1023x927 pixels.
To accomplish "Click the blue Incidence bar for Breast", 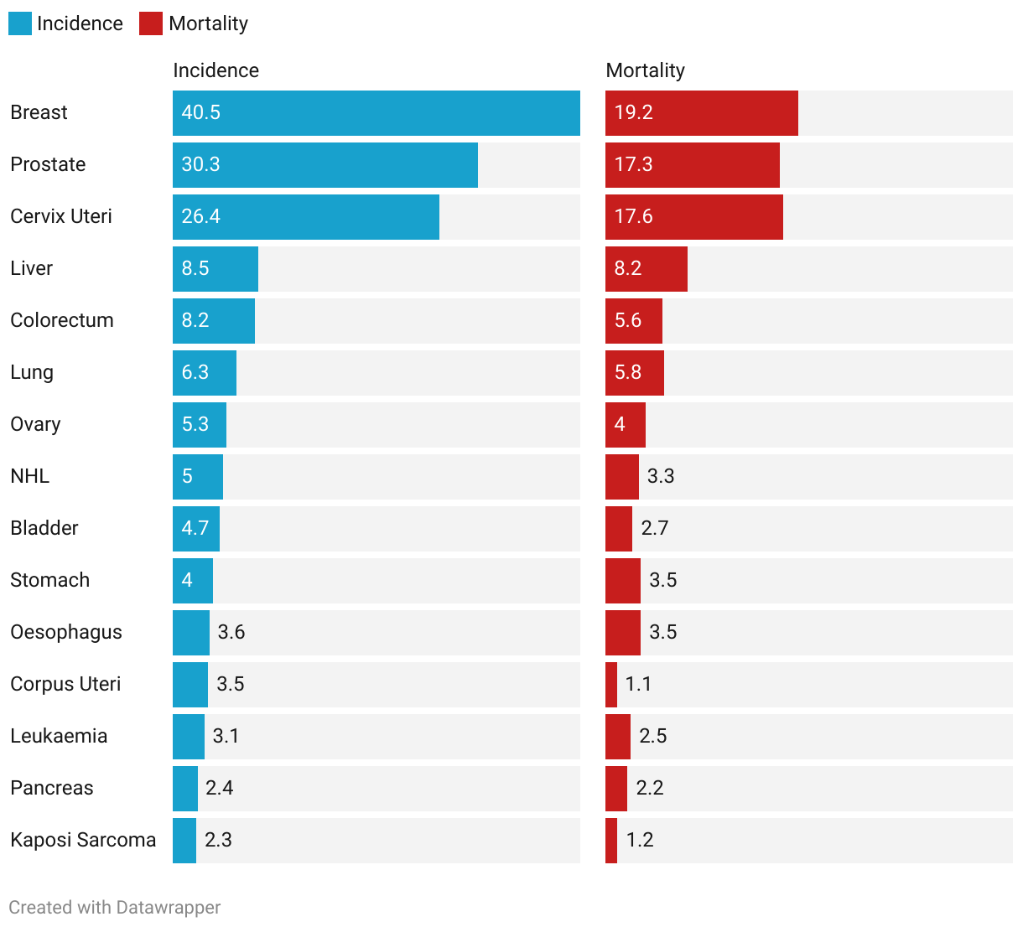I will tap(376, 113).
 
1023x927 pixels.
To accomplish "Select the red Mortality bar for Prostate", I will tap(692, 165).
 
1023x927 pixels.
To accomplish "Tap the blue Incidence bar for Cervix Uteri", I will tap(305, 217).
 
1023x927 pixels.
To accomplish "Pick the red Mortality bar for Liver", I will tap(646, 269).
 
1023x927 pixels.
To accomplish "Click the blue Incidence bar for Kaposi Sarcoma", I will tap(184, 841).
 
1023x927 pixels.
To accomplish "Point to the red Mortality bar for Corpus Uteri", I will tap(611, 685).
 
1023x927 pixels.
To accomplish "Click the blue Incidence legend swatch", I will tap(20, 23).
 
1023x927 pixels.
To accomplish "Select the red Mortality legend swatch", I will tap(151, 23).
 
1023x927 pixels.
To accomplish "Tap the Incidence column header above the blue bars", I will tap(216, 70).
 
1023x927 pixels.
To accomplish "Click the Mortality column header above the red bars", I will tap(645, 70).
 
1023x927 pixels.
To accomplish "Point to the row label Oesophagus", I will tap(66, 632).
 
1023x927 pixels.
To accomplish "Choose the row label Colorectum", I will tap(62, 320).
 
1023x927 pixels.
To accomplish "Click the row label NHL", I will tap(30, 476).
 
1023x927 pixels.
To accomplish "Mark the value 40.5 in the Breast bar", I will tap(201, 112).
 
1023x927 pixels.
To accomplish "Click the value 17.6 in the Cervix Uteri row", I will tap(633, 216).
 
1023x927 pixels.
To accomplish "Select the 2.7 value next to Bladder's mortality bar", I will tap(655, 528).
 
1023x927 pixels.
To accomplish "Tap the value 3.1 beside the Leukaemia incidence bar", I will tap(226, 736).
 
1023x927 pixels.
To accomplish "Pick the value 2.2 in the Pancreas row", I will tap(650, 788).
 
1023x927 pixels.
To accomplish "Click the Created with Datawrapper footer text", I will tap(115, 908).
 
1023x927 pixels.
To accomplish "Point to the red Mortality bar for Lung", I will tap(634, 373).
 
